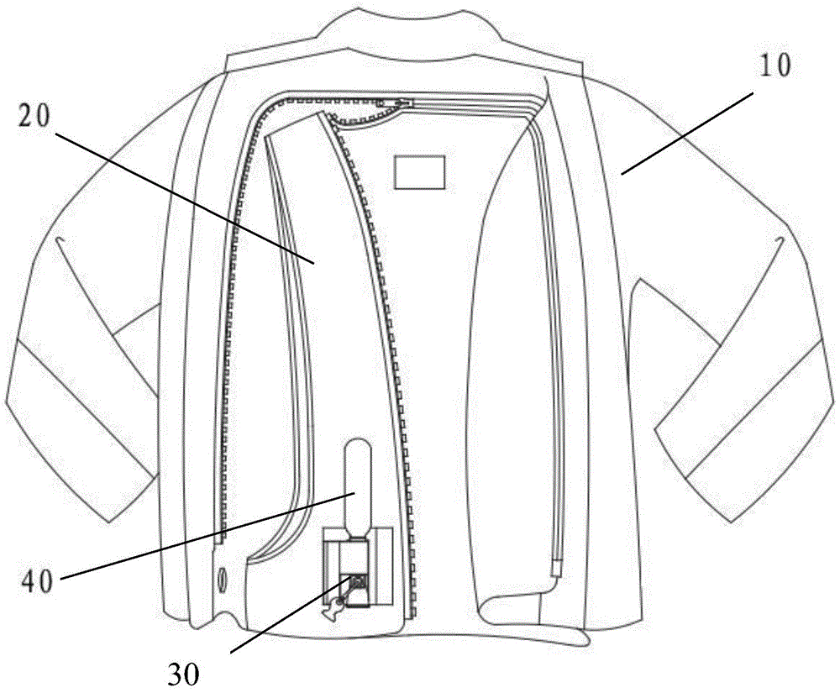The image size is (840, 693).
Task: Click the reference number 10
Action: click(x=778, y=66)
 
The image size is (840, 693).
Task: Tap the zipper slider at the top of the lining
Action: click(x=393, y=102)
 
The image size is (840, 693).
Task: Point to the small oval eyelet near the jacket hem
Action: click(x=222, y=580)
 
